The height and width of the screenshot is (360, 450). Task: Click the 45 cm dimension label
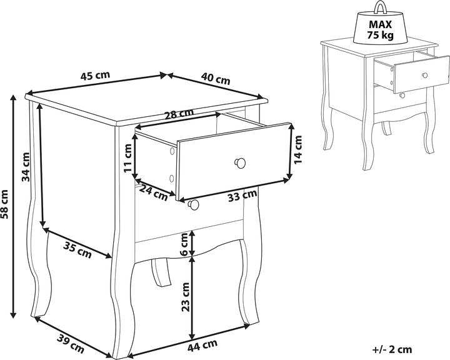pyautogui.click(x=95, y=76)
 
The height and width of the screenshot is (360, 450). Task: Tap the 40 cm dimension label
pyautogui.click(x=216, y=79)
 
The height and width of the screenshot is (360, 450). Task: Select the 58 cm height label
pyautogui.click(x=6, y=204)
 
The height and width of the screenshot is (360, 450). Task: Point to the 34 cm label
pyautogui.click(x=26, y=167)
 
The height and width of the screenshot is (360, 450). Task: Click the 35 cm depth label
pyautogui.click(x=77, y=250)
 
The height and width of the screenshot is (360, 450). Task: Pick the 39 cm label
pyautogui.click(x=71, y=344)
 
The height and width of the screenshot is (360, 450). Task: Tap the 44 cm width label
pyautogui.click(x=202, y=346)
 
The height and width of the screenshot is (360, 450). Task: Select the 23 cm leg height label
pyautogui.click(x=186, y=297)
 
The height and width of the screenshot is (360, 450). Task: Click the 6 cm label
pyautogui.click(x=185, y=244)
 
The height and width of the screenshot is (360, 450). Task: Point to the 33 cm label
pyautogui.click(x=242, y=196)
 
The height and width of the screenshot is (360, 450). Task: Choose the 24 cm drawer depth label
pyautogui.click(x=154, y=193)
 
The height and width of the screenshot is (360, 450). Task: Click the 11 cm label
pyautogui.click(x=127, y=158)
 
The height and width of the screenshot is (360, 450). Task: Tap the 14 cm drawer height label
pyautogui.click(x=298, y=149)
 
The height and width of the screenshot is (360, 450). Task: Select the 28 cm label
pyautogui.click(x=179, y=114)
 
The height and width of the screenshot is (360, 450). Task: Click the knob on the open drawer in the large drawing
pyautogui.click(x=240, y=163)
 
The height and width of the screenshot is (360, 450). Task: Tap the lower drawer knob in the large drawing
pyautogui.click(x=193, y=204)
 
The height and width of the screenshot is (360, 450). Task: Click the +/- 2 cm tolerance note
pyautogui.click(x=392, y=349)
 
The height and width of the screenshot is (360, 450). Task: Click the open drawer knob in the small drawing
pyautogui.click(x=425, y=75)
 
